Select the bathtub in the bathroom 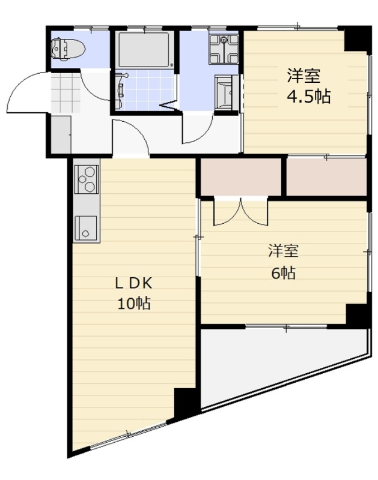click(144, 50)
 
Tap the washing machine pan click(224, 49)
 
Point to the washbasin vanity click(226, 93)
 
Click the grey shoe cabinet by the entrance click(61, 134)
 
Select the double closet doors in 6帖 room click(240, 212)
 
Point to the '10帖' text click(133, 304)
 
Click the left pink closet click(240, 176)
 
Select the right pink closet click(326, 177)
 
